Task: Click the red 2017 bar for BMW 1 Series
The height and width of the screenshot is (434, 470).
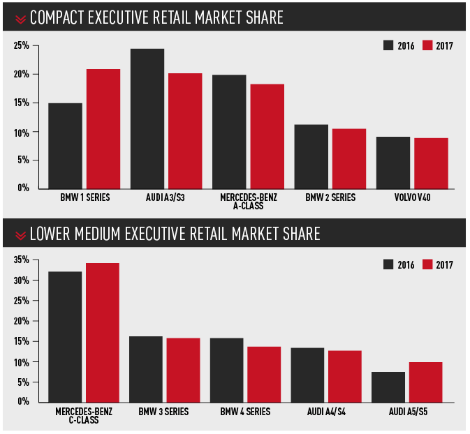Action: pos(103,128)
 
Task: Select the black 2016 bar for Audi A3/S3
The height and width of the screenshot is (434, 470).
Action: pos(147,118)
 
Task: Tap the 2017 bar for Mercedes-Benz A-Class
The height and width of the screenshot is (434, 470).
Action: pos(267,136)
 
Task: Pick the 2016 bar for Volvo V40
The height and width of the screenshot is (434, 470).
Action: pos(393,162)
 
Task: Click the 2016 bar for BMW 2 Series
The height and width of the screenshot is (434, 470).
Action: pos(311,156)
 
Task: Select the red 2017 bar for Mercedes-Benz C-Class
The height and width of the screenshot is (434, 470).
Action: pos(103,332)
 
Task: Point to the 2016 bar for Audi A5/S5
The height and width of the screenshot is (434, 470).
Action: pos(388,387)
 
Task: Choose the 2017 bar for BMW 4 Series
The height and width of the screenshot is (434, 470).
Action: pos(264,374)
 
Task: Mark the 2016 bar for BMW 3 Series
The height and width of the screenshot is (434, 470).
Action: pos(146,369)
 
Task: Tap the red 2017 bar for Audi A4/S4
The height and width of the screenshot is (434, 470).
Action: pos(344,376)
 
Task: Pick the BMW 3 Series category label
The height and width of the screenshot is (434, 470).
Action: pos(164,412)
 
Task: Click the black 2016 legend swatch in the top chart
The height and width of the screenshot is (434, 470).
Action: pos(388,46)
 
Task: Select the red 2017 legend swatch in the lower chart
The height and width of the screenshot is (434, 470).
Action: pos(427,264)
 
